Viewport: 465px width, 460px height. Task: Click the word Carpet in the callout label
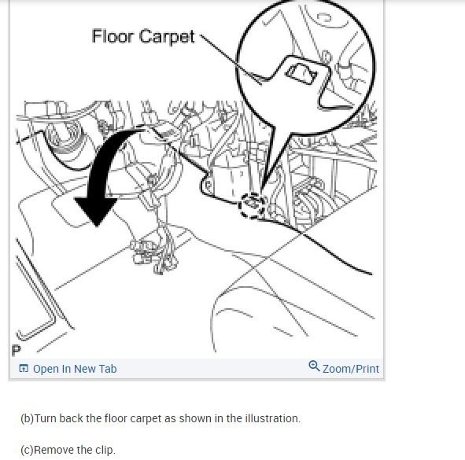(x=167, y=37)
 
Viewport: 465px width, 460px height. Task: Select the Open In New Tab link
(x=74, y=369)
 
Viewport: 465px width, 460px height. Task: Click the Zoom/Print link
(x=350, y=369)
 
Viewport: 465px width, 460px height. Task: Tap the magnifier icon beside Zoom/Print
(x=315, y=367)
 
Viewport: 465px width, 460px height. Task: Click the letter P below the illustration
(x=16, y=349)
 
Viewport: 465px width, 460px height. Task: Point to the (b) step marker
(x=27, y=418)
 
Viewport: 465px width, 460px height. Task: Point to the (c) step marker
(x=27, y=450)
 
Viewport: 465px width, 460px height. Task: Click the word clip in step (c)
(x=105, y=450)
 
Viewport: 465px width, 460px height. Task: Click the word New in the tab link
(x=87, y=369)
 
